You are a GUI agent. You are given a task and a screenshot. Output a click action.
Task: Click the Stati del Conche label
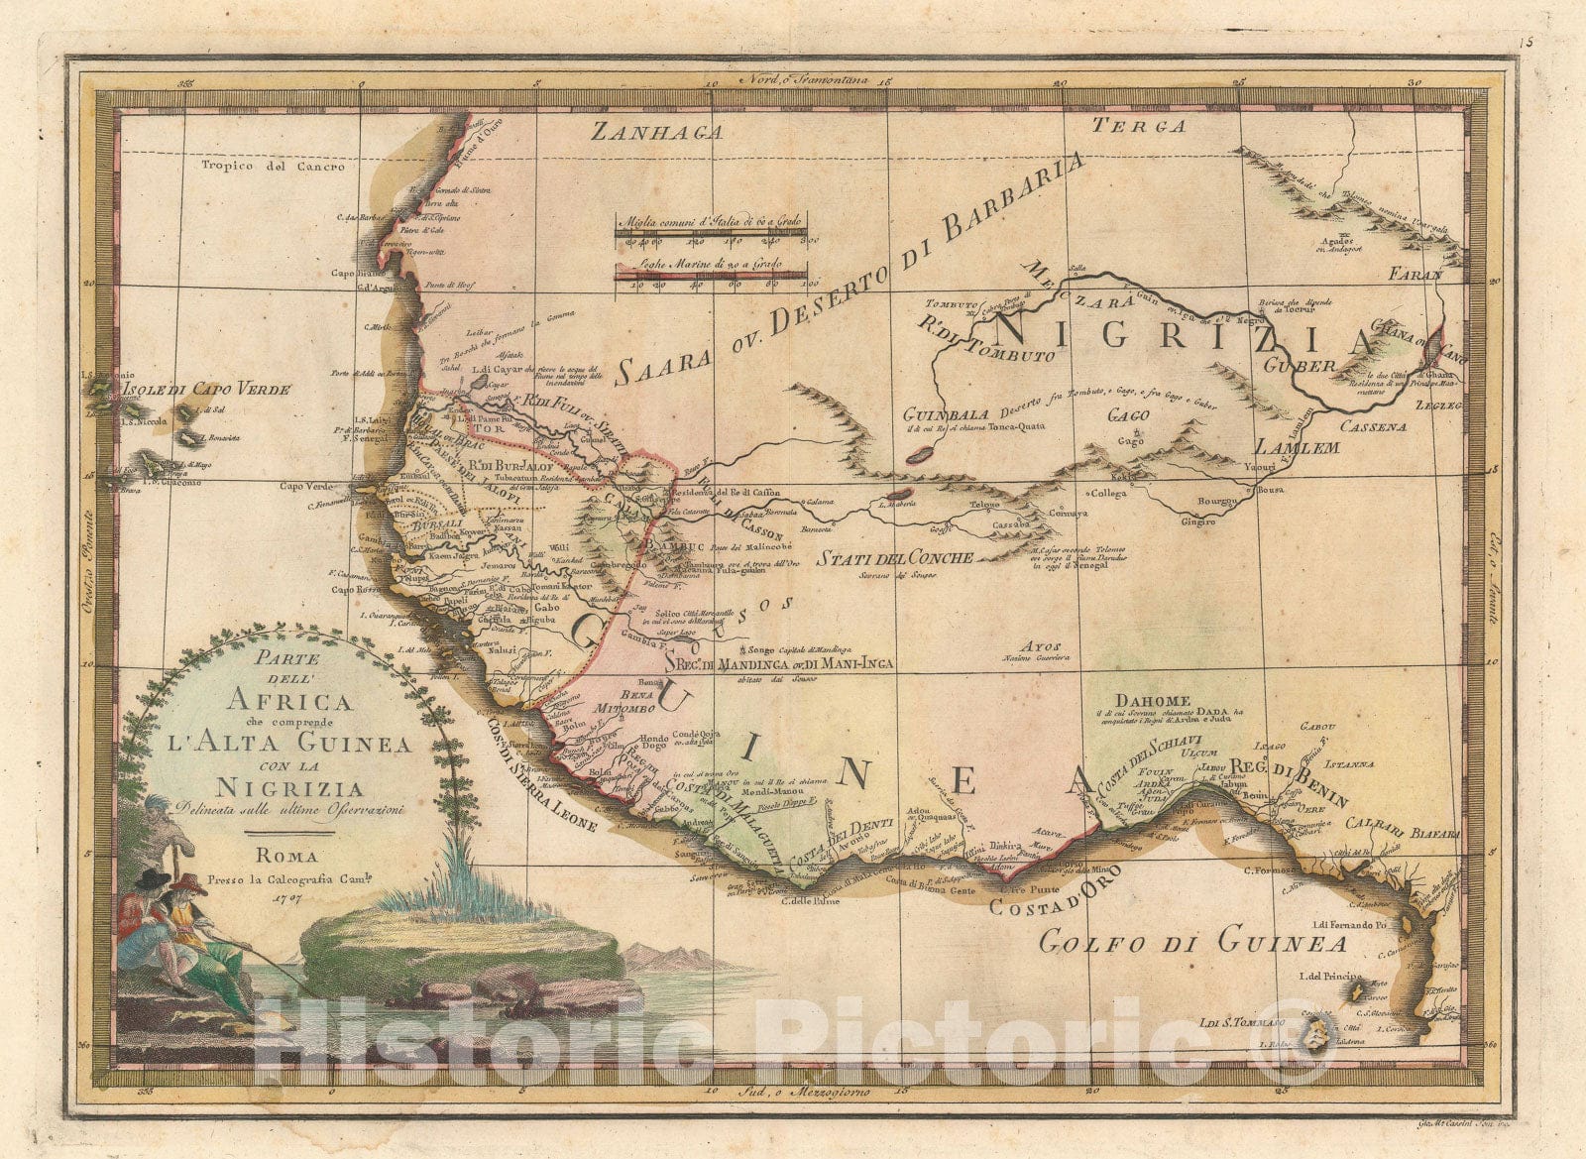pyautogui.click(x=895, y=557)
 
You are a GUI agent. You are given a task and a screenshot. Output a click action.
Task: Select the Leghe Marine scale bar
pyautogui.click(x=710, y=278)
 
